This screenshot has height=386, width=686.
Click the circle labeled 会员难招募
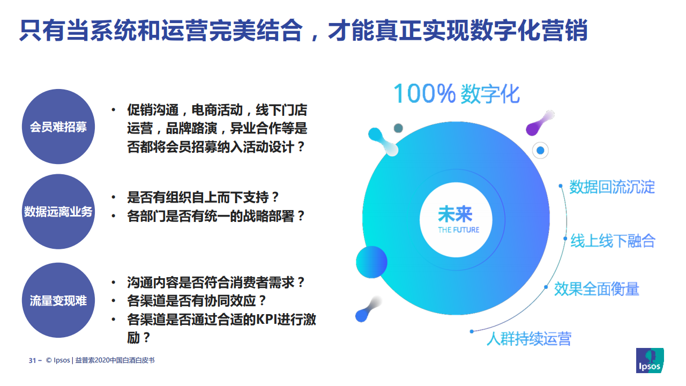click(58, 127)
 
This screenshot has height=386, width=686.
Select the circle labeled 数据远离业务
click(58, 212)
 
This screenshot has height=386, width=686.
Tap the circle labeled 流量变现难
click(58, 300)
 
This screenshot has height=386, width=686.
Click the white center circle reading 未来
click(456, 220)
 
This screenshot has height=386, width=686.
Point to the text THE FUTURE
click(458, 230)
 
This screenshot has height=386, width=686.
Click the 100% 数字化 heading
click(456, 93)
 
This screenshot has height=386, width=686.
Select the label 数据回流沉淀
click(612, 187)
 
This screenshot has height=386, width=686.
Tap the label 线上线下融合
click(613, 241)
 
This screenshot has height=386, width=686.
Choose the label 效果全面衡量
click(596, 289)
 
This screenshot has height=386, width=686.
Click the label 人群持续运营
click(529, 338)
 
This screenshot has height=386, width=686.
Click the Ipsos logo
click(650, 360)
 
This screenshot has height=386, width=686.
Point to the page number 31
click(32, 361)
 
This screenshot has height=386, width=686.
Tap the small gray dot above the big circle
click(398, 128)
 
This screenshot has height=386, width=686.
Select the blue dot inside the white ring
click(540, 151)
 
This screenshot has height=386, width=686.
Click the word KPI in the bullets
click(266, 320)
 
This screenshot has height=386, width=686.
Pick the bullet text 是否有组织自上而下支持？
click(203, 197)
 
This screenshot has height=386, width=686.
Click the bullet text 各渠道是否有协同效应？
click(196, 301)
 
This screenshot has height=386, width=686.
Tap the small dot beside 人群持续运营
click(472, 331)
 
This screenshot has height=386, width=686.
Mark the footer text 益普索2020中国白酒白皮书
click(115, 360)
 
